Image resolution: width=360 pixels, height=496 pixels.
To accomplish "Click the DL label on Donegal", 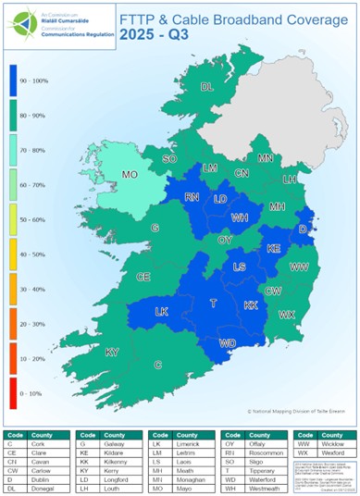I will click(207, 87).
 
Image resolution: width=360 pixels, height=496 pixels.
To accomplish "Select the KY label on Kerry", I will click(112, 352).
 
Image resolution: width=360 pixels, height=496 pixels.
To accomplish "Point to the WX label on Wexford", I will click(286, 315).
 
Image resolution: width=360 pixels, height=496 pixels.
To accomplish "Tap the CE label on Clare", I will click(143, 276).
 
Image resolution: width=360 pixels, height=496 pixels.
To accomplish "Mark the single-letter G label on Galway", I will click(155, 228).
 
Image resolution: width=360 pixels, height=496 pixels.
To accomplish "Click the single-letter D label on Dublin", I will click(302, 228).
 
